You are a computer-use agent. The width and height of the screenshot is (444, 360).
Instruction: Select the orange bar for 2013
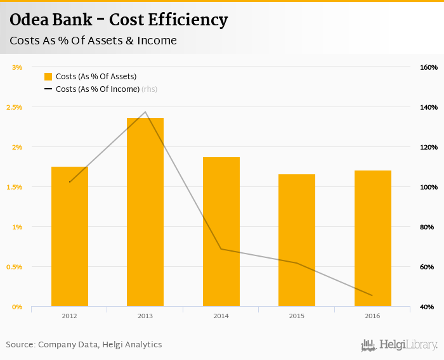[x=145, y=212]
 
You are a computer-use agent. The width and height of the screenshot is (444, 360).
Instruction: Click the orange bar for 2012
[x=70, y=236]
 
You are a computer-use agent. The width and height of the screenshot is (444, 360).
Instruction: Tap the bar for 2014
[x=221, y=231]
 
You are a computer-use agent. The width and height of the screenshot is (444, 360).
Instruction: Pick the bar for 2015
[x=297, y=240]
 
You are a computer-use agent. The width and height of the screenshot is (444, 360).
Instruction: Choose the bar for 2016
[x=372, y=238]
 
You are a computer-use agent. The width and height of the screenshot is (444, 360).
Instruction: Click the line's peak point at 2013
[x=145, y=112]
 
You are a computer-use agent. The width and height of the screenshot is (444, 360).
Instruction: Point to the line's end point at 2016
[x=372, y=295]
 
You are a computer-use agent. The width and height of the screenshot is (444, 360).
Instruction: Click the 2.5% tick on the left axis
[x=14, y=107]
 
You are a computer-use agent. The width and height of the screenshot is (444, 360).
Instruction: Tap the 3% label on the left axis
[x=17, y=67]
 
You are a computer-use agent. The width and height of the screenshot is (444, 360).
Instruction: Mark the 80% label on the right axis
[x=427, y=227]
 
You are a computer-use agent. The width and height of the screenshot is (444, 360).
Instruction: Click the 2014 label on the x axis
[x=221, y=316]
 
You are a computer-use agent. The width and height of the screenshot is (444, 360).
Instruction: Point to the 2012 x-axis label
[x=70, y=316]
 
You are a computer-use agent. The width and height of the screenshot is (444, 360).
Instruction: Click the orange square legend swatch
[x=48, y=77]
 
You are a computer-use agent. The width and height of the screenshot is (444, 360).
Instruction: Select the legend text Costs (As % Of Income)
[x=97, y=89]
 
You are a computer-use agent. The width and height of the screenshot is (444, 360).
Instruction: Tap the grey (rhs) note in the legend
[x=149, y=89]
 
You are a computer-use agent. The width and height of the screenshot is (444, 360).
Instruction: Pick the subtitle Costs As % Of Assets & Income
[x=93, y=41]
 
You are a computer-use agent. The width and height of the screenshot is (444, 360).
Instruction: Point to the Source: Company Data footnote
[x=84, y=345]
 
